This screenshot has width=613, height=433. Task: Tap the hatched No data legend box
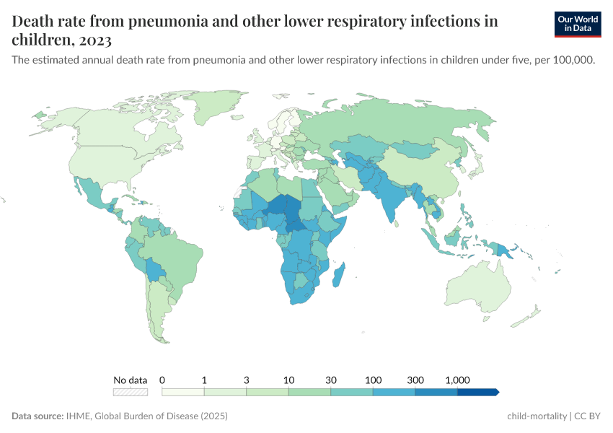(x=131, y=392)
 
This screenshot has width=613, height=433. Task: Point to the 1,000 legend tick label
(x=458, y=380)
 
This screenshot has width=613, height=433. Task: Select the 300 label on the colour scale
(x=415, y=380)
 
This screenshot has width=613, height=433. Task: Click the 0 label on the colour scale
(x=162, y=380)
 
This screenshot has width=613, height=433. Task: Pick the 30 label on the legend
(x=331, y=380)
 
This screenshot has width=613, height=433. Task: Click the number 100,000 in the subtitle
(x=574, y=61)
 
